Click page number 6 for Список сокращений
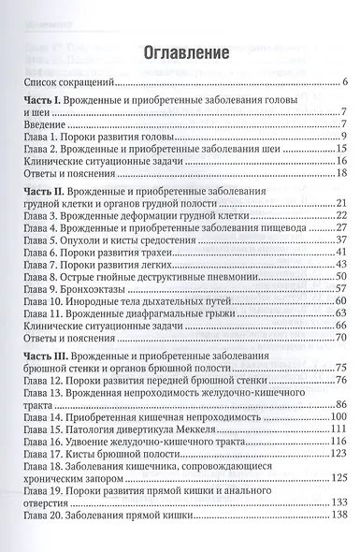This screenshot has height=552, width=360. [x=346, y=84]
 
